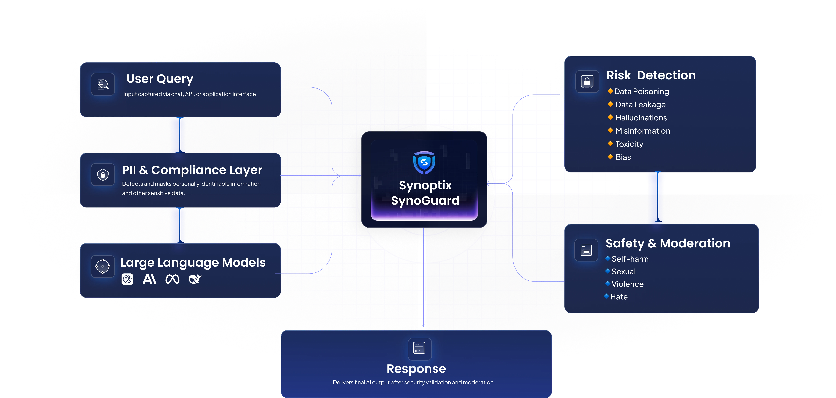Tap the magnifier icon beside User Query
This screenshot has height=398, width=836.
coord(103,84)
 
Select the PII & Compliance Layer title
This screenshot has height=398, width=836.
coord(192,170)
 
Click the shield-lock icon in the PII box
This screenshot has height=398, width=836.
coord(103,175)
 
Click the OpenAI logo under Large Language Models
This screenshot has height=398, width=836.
coord(127,279)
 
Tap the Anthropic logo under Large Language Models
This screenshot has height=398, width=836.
coord(149,279)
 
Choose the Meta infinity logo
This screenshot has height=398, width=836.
coord(172,279)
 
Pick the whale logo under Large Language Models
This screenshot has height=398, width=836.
coord(195,279)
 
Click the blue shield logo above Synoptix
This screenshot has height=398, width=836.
coord(424,162)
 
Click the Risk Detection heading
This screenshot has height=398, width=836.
coord(651,75)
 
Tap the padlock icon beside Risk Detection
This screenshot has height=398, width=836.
coord(587,81)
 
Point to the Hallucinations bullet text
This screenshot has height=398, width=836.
coord(641,118)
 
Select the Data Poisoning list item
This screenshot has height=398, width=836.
coord(641,92)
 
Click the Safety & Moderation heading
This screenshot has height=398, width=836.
coord(668,243)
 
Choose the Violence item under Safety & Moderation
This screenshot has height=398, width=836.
coord(627,284)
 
